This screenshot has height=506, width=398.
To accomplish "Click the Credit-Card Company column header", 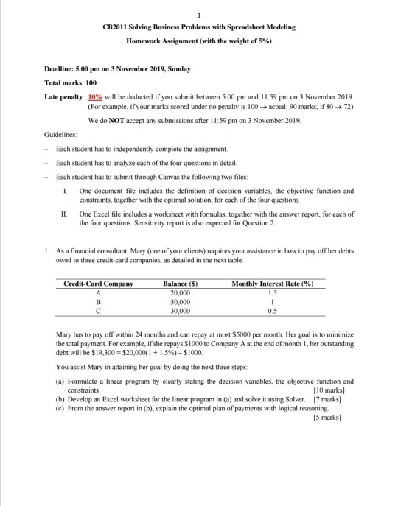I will pyautogui.click(x=99, y=284).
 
